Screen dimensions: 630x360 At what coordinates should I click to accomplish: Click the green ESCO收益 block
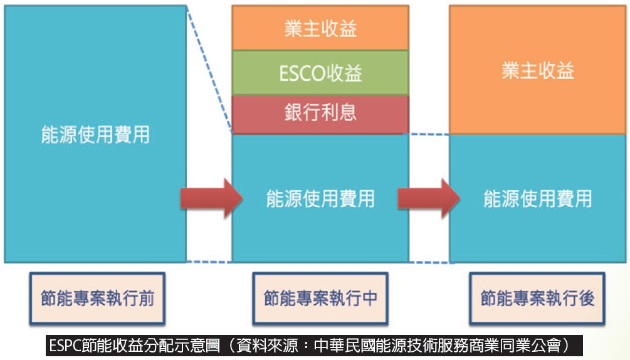click(320, 73)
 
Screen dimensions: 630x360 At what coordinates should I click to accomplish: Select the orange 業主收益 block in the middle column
click(320, 28)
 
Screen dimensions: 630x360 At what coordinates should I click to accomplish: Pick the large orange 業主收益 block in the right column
click(538, 70)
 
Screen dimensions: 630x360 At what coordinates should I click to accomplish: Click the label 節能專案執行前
click(97, 298)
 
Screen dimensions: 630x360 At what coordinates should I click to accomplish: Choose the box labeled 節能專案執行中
click(320, 298)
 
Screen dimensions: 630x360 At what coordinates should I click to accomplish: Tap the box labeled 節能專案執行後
click(537, 298)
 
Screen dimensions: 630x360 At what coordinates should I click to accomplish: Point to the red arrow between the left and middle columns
click(211, 198)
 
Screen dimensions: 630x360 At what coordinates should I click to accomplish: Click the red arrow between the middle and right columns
click(429, 198)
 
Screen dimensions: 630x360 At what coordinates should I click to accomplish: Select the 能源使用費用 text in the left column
click(95, 135)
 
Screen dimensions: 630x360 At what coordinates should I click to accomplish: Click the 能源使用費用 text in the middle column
click(320, 198)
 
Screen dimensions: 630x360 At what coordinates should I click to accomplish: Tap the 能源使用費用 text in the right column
click(538, 198)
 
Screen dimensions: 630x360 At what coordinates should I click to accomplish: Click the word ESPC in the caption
click(65, 346)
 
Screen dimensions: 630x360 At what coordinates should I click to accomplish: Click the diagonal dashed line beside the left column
click(209, 69)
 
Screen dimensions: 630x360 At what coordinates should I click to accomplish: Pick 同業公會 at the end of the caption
click(529, 346)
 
